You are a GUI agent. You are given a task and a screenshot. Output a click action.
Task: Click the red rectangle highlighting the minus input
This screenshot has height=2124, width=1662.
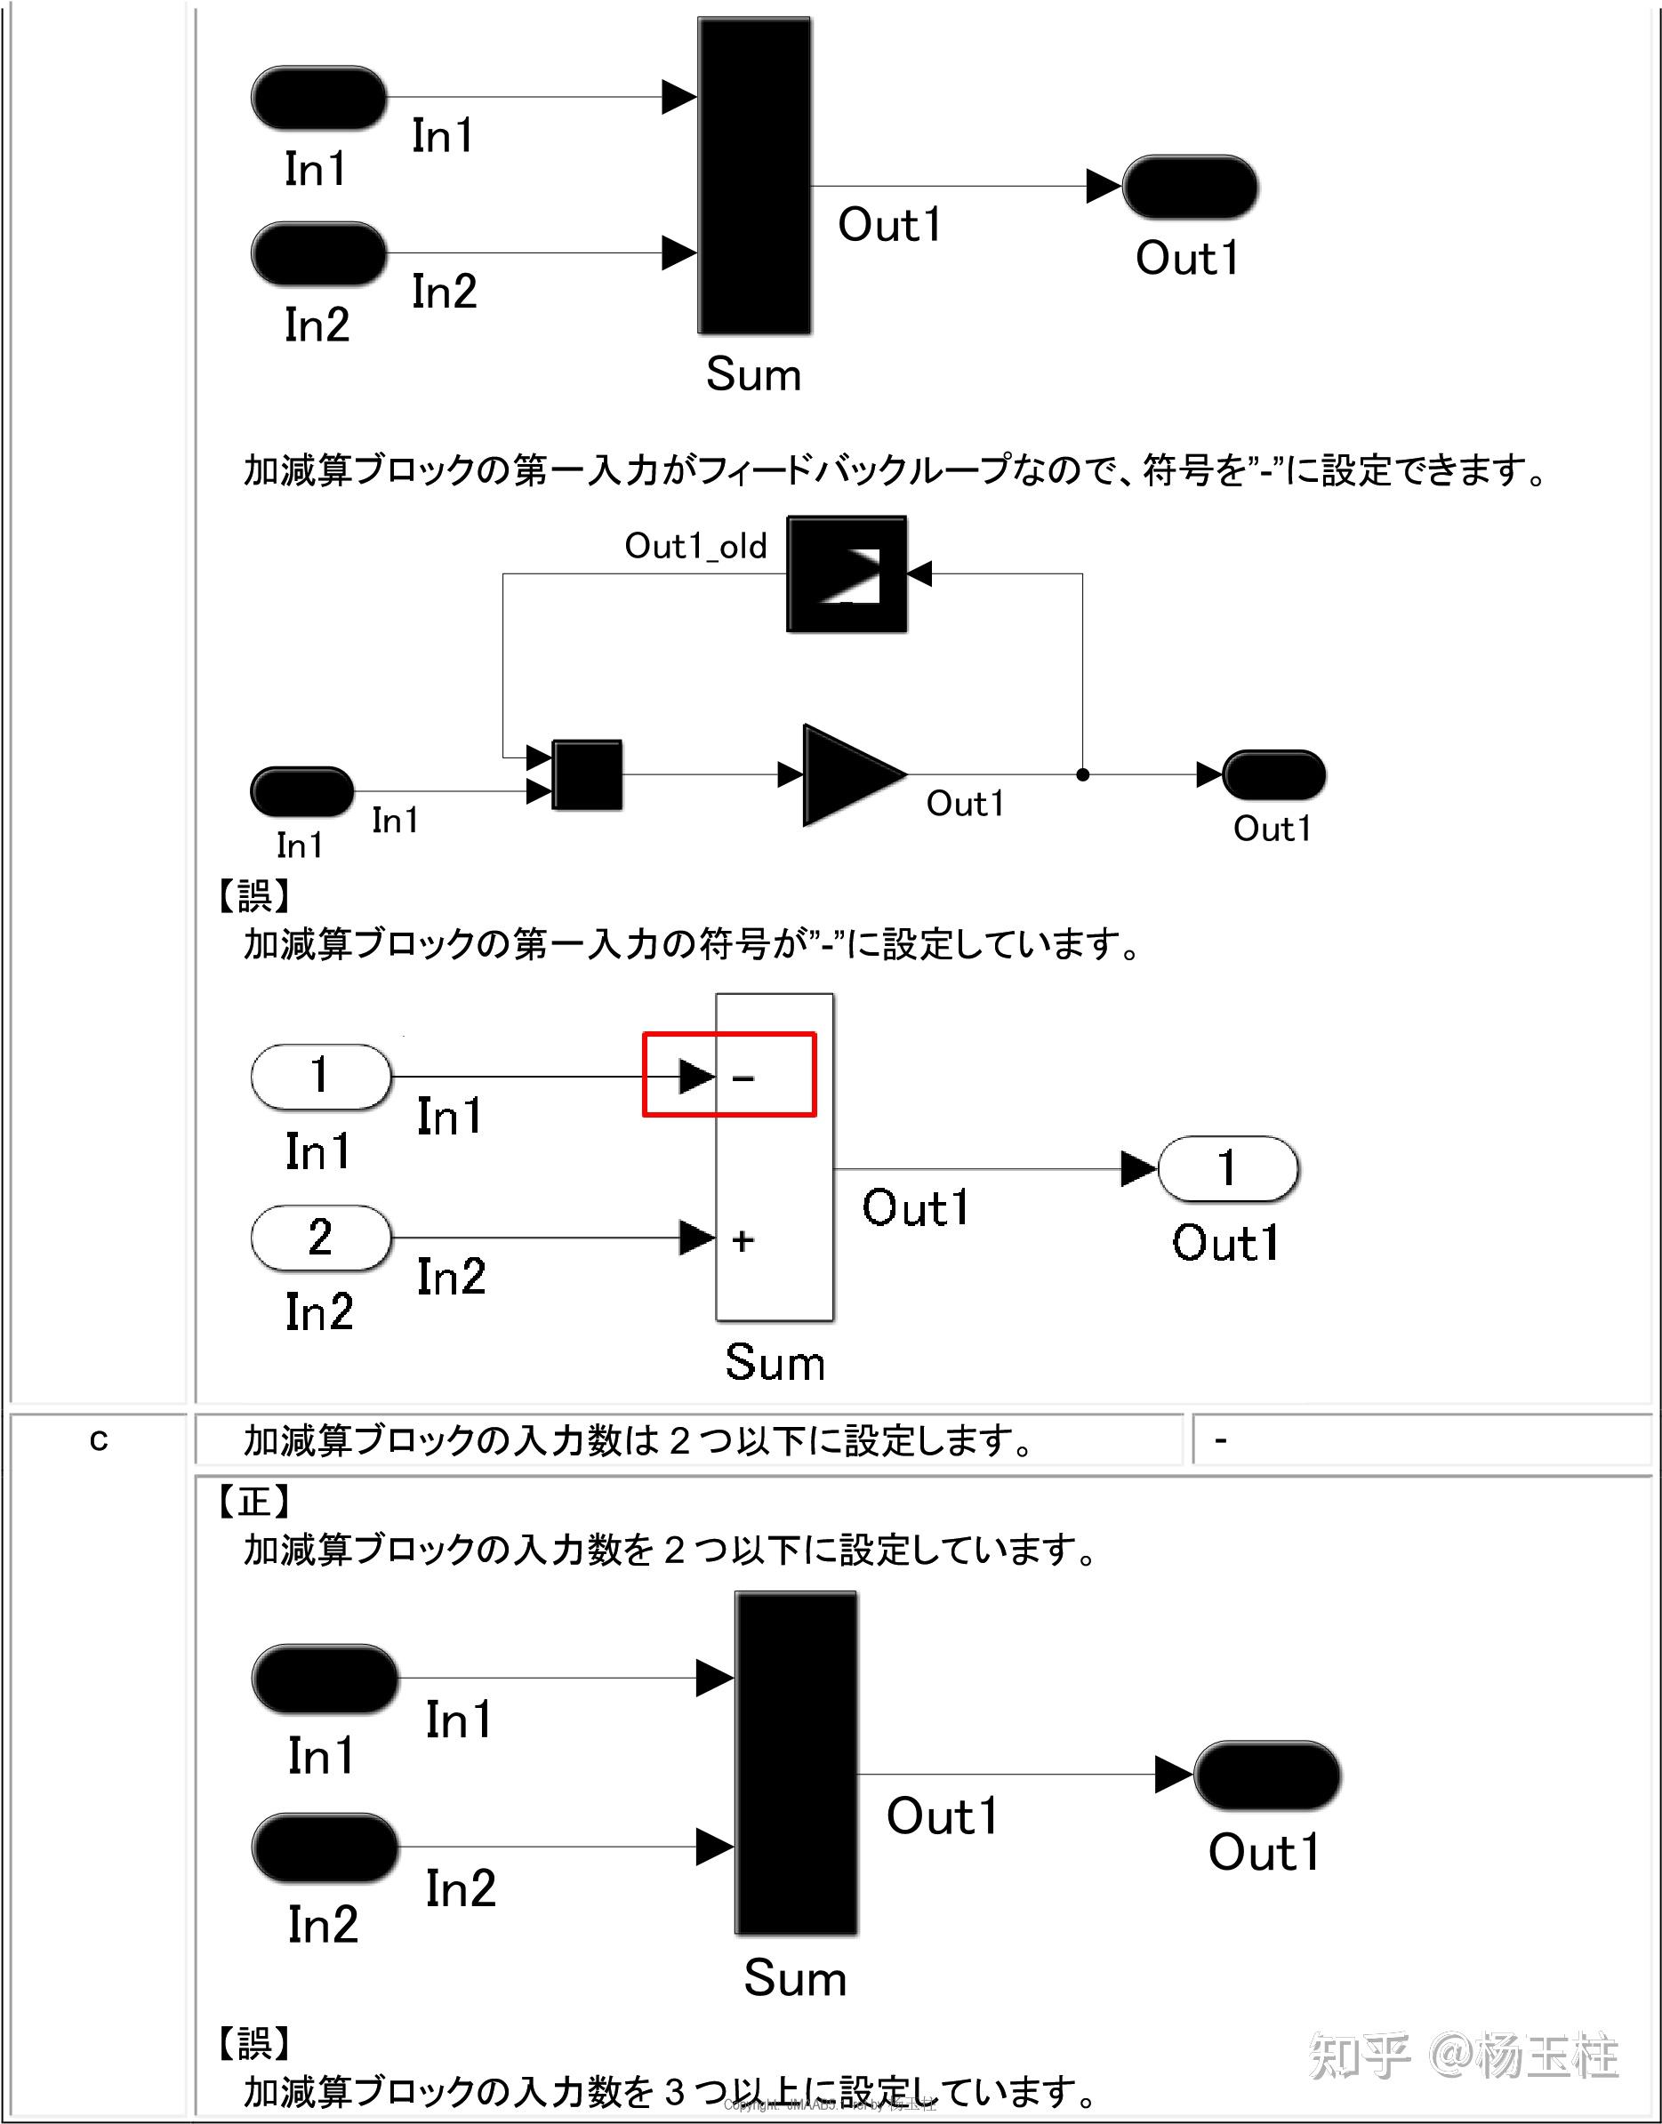(729, 1074)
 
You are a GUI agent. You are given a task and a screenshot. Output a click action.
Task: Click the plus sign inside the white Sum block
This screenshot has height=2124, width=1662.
(743, 1239)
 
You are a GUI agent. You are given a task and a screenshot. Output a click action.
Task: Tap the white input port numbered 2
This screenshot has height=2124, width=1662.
(321, 1238)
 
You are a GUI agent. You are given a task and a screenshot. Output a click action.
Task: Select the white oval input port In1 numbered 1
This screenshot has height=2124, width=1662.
(321, 1076)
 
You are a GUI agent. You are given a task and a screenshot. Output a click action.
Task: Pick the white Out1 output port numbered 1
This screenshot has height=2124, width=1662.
(1228, 1168)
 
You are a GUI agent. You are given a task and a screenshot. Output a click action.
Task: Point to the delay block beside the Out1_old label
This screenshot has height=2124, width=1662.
(847, 574)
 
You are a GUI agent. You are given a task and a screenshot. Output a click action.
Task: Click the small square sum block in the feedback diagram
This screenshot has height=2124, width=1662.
(587, 775)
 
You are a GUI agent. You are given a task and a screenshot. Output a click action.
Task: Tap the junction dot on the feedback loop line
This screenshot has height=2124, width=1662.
(1082, 775)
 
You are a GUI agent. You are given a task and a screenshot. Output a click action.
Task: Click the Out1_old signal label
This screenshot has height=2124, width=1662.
(695, 546)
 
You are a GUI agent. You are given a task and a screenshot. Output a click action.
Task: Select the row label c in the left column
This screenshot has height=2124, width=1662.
(99, 1439)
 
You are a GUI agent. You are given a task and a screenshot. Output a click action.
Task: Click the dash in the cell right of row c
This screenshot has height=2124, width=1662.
(1221, 1439)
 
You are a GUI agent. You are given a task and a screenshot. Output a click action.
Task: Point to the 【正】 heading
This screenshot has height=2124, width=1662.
(254, 1501)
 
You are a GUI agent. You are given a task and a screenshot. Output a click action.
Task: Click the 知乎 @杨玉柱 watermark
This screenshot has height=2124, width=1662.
(1463, 2055)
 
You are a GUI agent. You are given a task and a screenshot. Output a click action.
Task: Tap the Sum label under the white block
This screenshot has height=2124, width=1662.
(775, 1362)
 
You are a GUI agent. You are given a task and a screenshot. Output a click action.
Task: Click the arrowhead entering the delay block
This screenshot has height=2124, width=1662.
(919, 574)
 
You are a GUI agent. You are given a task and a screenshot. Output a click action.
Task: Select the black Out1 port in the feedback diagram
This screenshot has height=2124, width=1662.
(1273, 775)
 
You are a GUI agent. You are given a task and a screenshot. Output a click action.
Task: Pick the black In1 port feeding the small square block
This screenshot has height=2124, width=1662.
(301, 791)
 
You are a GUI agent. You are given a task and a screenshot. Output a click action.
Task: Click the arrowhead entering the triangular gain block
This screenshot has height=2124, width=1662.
(791, 775)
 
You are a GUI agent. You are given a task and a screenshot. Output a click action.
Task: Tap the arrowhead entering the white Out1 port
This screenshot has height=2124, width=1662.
(1137, 1168)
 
